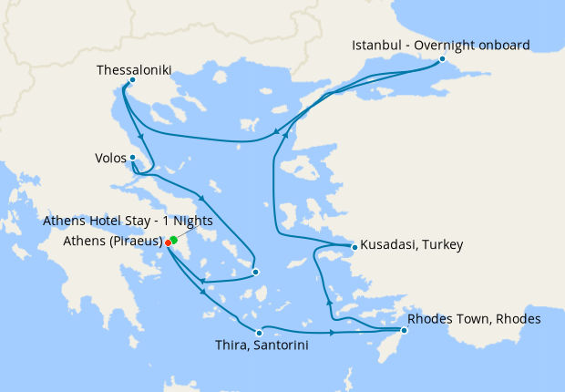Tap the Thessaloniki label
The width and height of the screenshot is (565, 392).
click(x=133, y=68)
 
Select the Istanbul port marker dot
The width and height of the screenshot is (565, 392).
click(x=442, y=59)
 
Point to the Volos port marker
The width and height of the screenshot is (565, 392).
click(x=133, y=158)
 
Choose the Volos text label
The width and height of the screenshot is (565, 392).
click(x=110, y=158)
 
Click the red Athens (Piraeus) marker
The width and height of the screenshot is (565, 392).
click(x=169, y=242)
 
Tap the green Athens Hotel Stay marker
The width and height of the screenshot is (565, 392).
click(x=173, y=240)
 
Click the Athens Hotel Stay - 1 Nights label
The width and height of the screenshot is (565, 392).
click(x=128, y=222)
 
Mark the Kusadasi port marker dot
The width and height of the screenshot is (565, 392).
click(x=355, y=246)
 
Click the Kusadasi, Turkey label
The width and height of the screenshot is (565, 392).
click(x=412, y=245)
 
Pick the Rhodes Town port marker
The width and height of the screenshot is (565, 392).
click(x=404, y=330)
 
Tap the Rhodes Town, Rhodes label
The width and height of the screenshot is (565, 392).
click(x=475, y=319)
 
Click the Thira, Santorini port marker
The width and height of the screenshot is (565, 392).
click(x=260, y=333)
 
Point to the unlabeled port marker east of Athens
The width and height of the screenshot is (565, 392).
click(x=256, y=272)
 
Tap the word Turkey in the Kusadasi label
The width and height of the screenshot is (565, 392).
click(x=443, y=245)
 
